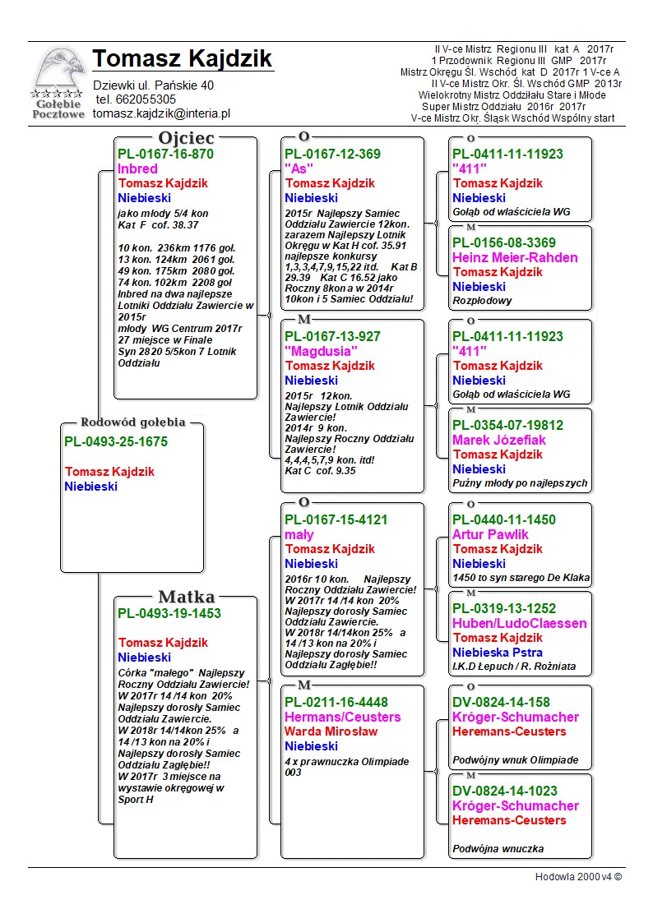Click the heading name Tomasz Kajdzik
click(182, 59)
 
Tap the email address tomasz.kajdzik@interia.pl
click(161, 114)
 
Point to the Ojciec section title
click(186, 138)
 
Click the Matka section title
click(186, 598)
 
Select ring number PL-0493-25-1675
click(115, 442)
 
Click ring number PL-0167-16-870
click(165, 154)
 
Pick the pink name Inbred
click(137, 168)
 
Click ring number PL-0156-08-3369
click(504, 243)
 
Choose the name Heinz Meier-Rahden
click(515, 258)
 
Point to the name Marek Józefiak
click(499, 441)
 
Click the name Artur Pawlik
click(491, 535)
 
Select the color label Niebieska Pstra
click(498, 653)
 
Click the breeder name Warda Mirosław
click(331, 731)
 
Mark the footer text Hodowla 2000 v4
click(578, 877)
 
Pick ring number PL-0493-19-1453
click(169, 613)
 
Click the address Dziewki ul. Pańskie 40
click(154, 85)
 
